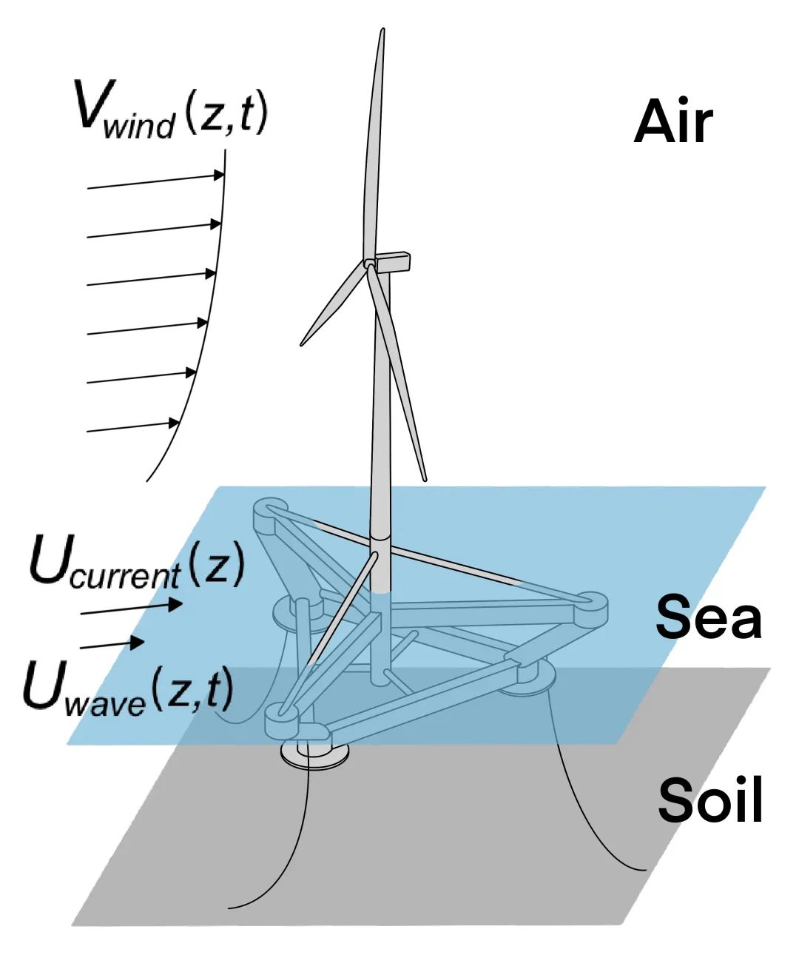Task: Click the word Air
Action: [x=673, y=121]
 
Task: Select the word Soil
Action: [x=710, y=800]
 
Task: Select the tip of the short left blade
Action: [x=303, y=344]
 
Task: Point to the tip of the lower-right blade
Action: [x=424, y=478]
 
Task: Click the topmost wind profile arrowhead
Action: [x=219, y=175]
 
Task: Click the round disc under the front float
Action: [x=314, y=756]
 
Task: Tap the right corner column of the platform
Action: [x=591, y=603]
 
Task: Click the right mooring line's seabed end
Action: [x=644, y=868]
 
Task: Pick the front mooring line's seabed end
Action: [x=231, y=907]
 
